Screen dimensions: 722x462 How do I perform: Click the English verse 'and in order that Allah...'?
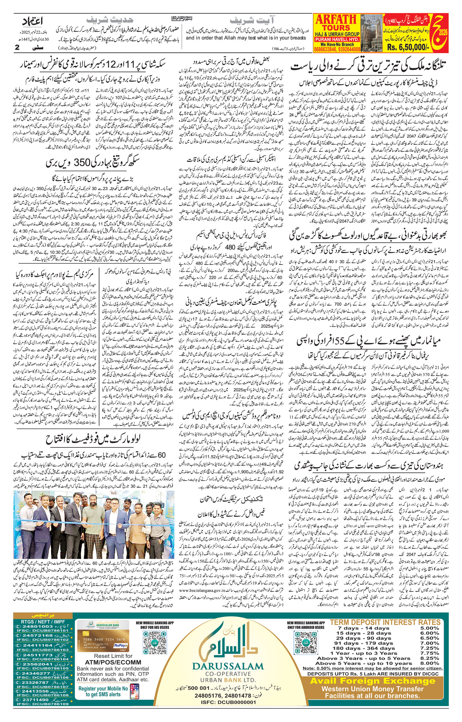tap(246, 38)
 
